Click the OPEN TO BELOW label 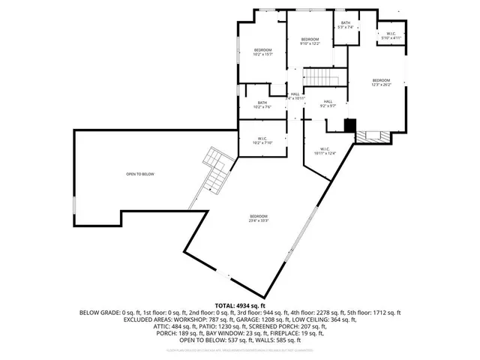click(140, 174)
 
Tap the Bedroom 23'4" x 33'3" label click(259, 220)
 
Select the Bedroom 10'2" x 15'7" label click(262, 52)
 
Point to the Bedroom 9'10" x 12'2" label click(310, 41)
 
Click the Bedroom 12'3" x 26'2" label click(382, 82)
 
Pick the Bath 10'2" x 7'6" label click(262, 104)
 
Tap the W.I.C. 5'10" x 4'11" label click(391, 35)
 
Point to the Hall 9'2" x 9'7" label click(328, 104)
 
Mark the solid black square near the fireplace click(349, 125)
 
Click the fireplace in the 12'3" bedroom click(372, 136)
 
